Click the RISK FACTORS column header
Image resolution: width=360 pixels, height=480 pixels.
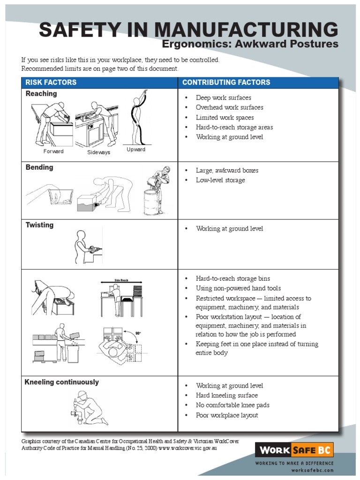tap(51, 82)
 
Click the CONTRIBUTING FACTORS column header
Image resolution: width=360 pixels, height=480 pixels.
tap(226, 82)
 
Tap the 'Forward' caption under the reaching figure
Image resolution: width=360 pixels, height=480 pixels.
tap(53, 151)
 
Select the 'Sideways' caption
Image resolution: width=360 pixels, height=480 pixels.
tap(98, 153)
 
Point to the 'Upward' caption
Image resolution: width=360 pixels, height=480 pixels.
tap(136, 150)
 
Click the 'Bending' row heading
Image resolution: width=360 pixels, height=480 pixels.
tap(39, 167)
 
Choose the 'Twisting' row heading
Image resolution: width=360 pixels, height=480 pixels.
tap(39, 225)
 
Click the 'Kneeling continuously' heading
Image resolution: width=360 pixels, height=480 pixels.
tap(61, 382)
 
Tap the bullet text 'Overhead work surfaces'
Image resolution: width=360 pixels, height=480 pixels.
tap(229, 107)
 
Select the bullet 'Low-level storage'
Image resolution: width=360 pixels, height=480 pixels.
tap(220, 180)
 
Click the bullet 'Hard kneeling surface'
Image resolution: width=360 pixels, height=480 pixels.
tap(227, 396)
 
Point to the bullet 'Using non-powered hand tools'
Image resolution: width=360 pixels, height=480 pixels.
tap(238, 288)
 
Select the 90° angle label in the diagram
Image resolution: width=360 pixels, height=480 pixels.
tap(138, 333)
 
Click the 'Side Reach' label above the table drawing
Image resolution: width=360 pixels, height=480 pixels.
tap(121, 280)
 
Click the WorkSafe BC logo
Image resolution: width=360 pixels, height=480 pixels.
tap(294, 450)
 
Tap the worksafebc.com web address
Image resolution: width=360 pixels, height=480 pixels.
tap(312, 470)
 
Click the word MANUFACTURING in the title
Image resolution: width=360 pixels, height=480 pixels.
tap(246, 30)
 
